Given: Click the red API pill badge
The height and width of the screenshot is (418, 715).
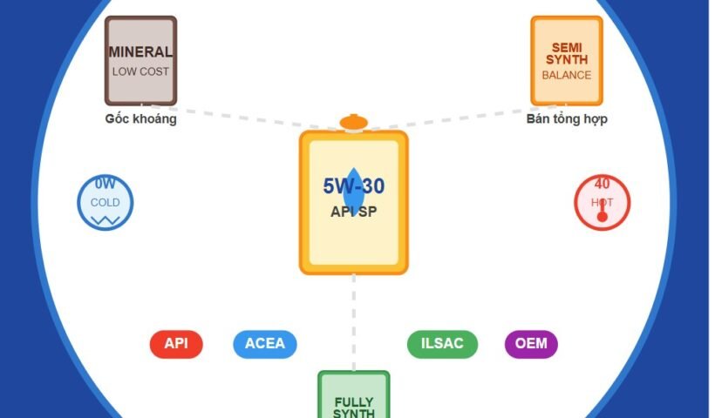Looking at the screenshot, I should (175, 344).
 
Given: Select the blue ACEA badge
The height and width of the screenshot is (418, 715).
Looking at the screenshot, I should (265, 344).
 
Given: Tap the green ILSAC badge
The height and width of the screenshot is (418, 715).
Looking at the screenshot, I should (442, 344).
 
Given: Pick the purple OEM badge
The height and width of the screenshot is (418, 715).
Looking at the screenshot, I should (531, 344).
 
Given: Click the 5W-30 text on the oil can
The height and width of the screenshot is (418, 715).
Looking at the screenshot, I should (353, 185).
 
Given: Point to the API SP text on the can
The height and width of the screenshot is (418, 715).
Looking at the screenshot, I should (353, 212).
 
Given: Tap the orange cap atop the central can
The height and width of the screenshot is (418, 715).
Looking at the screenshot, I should (353, 122).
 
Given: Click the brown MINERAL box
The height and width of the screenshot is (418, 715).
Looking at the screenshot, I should (140, 60).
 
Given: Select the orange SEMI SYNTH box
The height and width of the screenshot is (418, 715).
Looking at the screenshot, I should (567, 60).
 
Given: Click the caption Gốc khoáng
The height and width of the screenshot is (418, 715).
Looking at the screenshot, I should (140, 119).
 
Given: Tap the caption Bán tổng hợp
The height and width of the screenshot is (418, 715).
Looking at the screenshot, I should (567, 119).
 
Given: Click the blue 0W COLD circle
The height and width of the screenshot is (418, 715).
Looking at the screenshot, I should (106, 203).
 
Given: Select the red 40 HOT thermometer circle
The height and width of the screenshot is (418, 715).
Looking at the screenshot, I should (602, 203).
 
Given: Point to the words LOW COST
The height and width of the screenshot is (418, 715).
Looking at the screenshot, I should (140, 71).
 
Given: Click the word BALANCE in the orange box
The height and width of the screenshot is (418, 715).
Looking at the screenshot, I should (567, 75).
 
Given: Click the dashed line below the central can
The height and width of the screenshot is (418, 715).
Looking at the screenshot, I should (353, 322).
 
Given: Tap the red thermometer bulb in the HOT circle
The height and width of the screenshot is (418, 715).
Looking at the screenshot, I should (602, 216).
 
